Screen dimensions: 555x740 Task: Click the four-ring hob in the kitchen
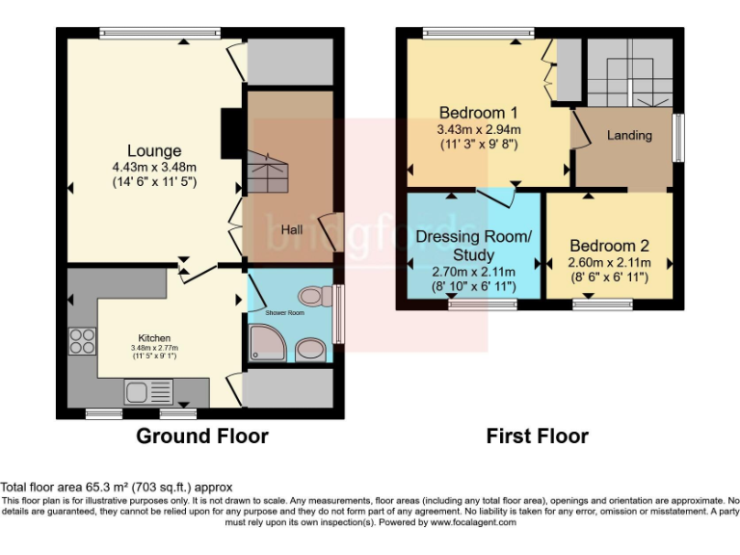(x=82, y=341)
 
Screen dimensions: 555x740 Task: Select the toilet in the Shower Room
(x=310, y=296)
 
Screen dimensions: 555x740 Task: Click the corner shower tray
(x=264, y=342)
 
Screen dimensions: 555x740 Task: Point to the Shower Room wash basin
(x=310, y=347)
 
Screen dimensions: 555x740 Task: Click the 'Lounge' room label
(x=154, y=150)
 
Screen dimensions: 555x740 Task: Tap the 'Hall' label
(x=292, y=230)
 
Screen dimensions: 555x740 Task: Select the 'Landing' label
(x=628, y=135)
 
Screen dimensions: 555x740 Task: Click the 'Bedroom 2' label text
(x=609, y=245)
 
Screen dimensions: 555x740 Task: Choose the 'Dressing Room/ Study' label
(x=472, y=246)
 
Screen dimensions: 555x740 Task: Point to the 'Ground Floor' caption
(x=201, y=436)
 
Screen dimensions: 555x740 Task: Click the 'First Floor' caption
(x=537, y=436)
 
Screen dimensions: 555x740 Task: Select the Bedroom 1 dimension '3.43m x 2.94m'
(x=479, y=129)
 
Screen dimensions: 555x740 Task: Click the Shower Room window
(x=338, y=313)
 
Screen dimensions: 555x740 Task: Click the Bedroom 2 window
(x=602, y=305)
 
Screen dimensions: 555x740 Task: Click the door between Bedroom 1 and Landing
(x=579, y=129)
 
